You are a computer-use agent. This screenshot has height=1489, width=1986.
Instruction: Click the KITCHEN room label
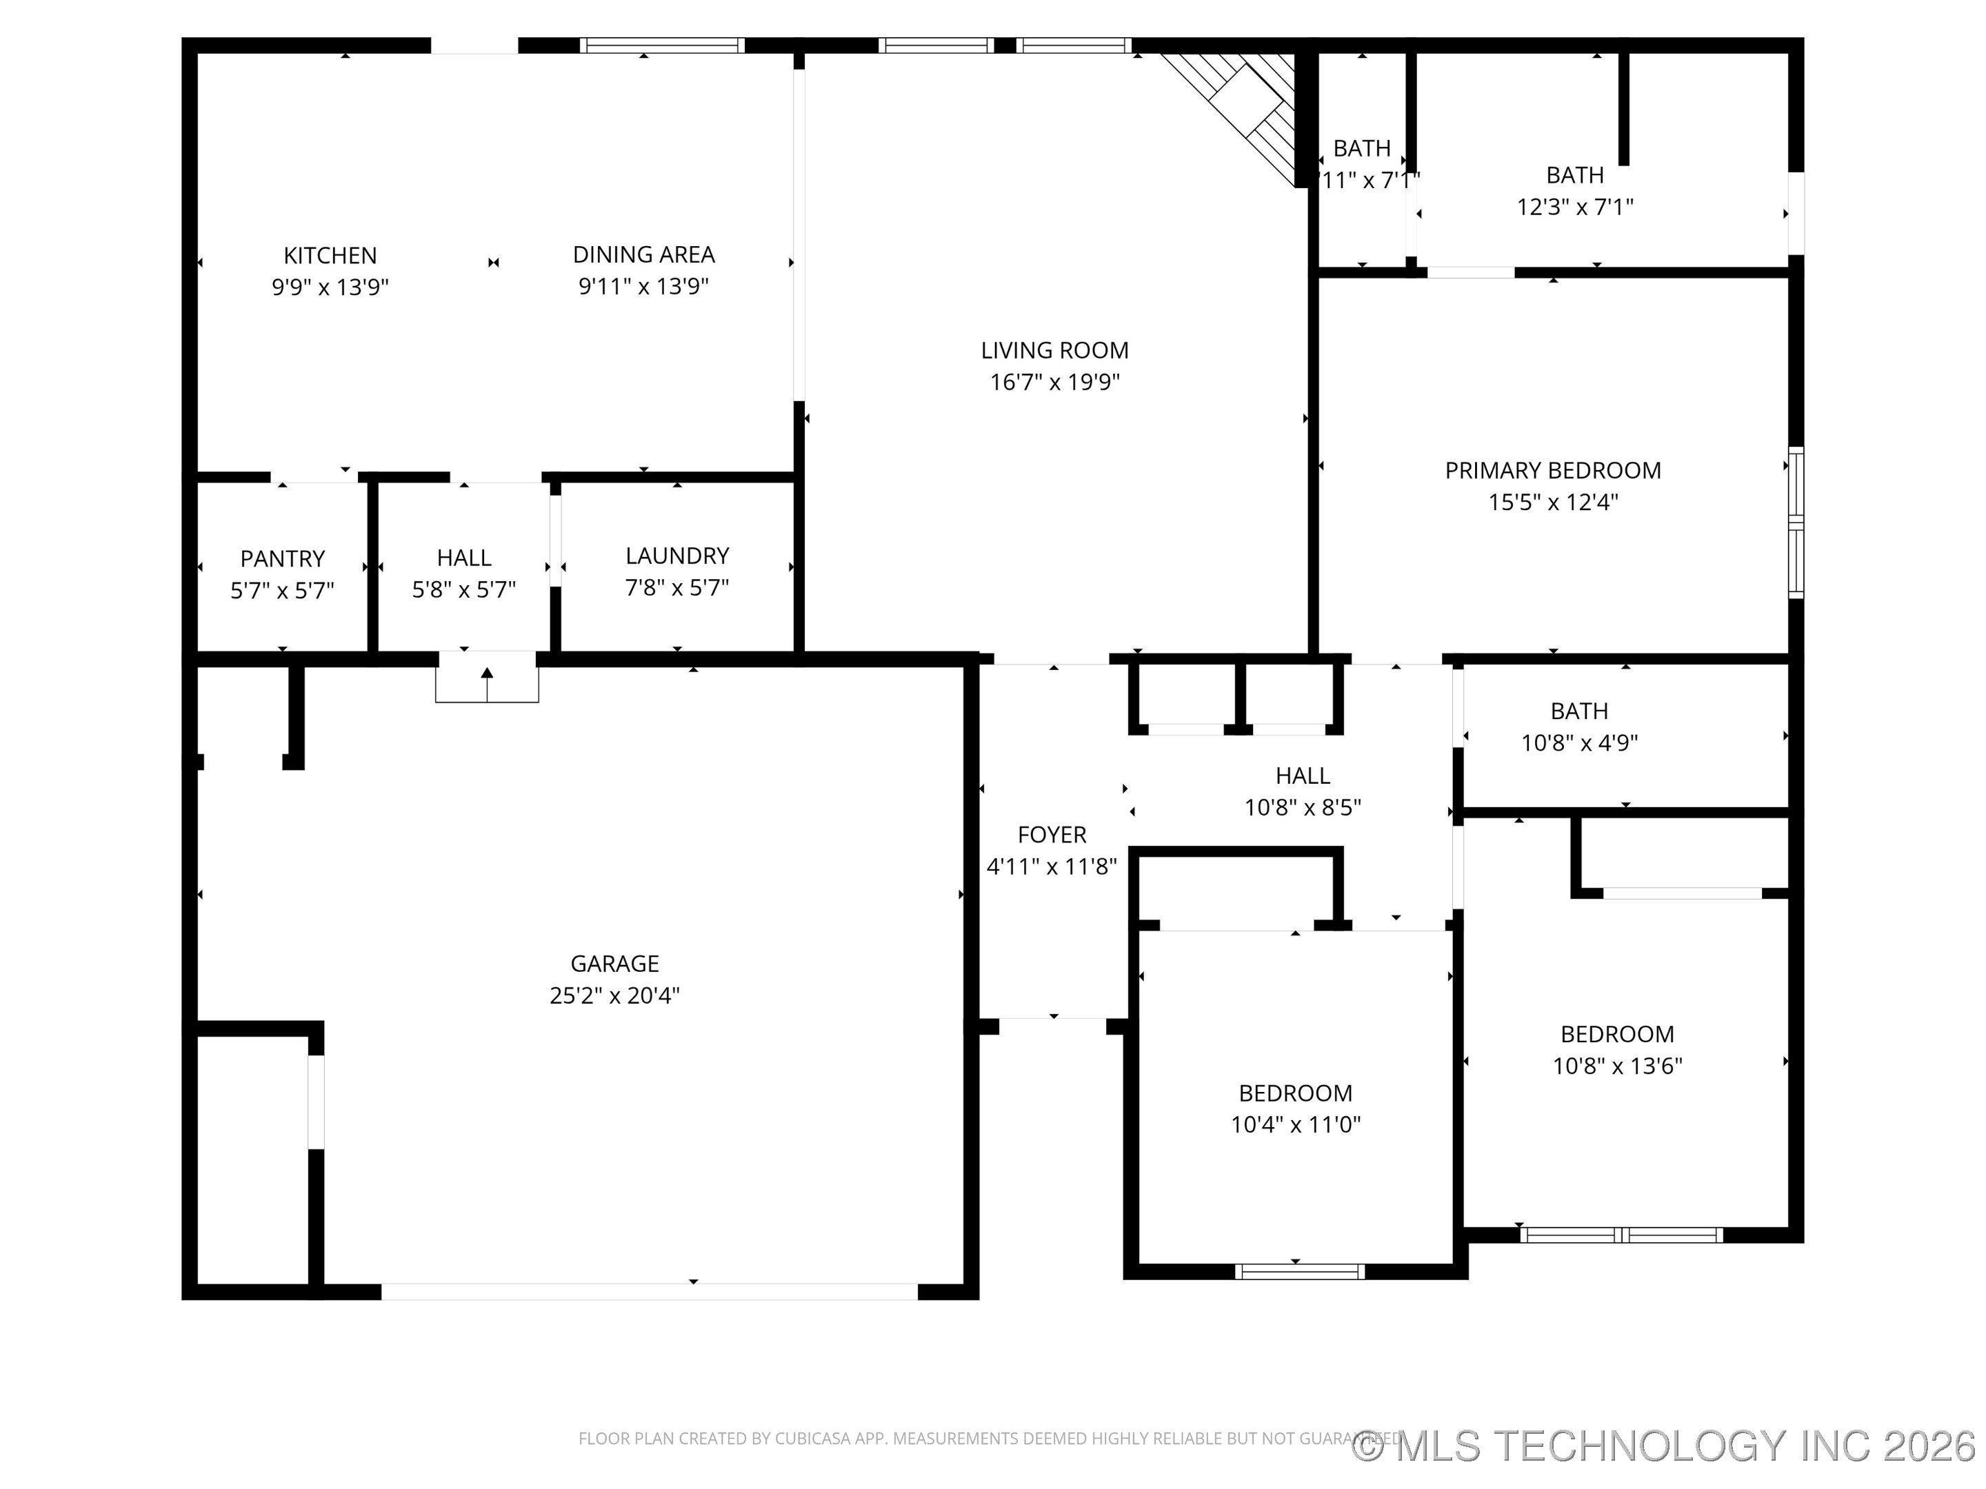coord(330,256)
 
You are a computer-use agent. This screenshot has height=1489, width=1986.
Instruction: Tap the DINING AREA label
coord(644,255)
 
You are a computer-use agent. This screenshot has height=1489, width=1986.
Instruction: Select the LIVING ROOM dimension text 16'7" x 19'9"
coord(1054,383)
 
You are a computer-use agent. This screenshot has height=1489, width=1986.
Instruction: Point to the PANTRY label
coord(282,559)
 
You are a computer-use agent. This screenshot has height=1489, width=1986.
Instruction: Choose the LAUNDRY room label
coord(677,556)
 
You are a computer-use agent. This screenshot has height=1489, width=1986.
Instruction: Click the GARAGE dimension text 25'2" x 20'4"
coord(614,995)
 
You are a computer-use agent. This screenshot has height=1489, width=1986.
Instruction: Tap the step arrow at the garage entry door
coord(487,682)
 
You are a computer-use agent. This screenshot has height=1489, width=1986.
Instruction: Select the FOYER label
coord(1052,835)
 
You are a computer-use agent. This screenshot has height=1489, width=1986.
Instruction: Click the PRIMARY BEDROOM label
coord(1552,470)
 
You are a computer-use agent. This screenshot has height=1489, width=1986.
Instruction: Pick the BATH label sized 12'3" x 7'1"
coord(1575,175)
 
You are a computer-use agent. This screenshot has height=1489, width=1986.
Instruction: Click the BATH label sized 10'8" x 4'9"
coord(1579,711)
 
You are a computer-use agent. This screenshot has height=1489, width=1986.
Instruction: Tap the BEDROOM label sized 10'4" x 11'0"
coord(1294,1093)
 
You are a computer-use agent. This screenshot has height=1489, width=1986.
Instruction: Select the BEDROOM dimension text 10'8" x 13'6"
coord(1617,1066)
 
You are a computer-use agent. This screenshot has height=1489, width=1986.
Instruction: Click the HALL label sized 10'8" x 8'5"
coord(1302,776)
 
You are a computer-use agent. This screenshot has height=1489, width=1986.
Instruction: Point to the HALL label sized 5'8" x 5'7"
coord(463,558)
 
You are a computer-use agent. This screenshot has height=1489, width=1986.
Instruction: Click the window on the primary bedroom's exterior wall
coord(1796,523)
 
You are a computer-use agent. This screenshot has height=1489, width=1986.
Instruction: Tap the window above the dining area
coord(662,45)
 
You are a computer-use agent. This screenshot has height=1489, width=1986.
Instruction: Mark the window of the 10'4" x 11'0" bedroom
coord(1299,1272)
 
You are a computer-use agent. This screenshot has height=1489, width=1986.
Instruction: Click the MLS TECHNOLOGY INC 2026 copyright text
coord(1666,1444)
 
